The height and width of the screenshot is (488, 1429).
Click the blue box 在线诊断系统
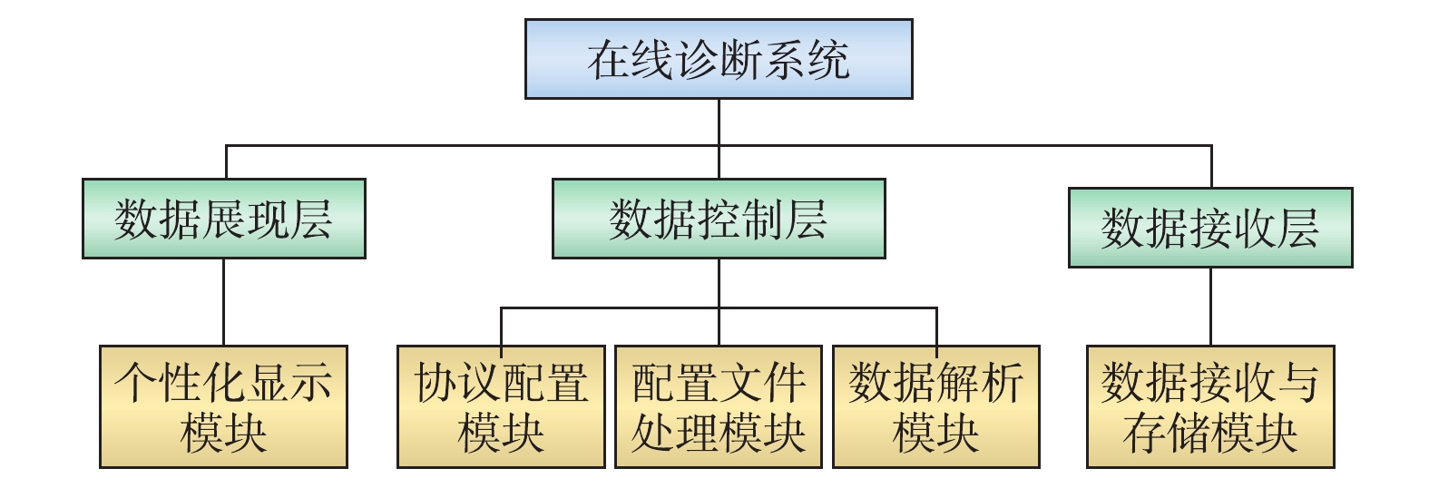pyautogui.click(x=719, y=59)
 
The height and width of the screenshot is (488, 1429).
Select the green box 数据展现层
pyautogui.click(x=223, y=219)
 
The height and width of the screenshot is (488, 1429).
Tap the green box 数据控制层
pyautogui.click(x=719, y=219)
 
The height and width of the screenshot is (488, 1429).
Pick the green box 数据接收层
pyautogui.click(x=1210, y=228)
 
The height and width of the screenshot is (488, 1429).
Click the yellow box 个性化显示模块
pyautogui.click(x=223, y=406)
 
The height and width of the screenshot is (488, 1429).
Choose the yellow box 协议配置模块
pyautogui.click(x=501, y=406)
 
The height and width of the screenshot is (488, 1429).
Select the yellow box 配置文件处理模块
pyautogui.click(x=719, y=406)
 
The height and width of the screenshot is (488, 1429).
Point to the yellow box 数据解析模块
pyautogui.click(x=936, y=406)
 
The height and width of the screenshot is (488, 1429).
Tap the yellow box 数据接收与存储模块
pyautogui.click(x=1210, y=406)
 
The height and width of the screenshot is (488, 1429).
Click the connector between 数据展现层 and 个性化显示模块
pyautogui.click(x=223, y=302)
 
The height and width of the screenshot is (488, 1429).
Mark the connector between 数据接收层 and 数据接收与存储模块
pyautogui.click(x=1210, y=307)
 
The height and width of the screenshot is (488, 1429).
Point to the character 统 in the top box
pyautogui.click(x=827, y=60)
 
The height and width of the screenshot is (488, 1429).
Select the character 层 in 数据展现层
pyautogui.click(x=311, y=220)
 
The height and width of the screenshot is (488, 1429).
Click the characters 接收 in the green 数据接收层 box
pyautogui.click(x=1210, y=229)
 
